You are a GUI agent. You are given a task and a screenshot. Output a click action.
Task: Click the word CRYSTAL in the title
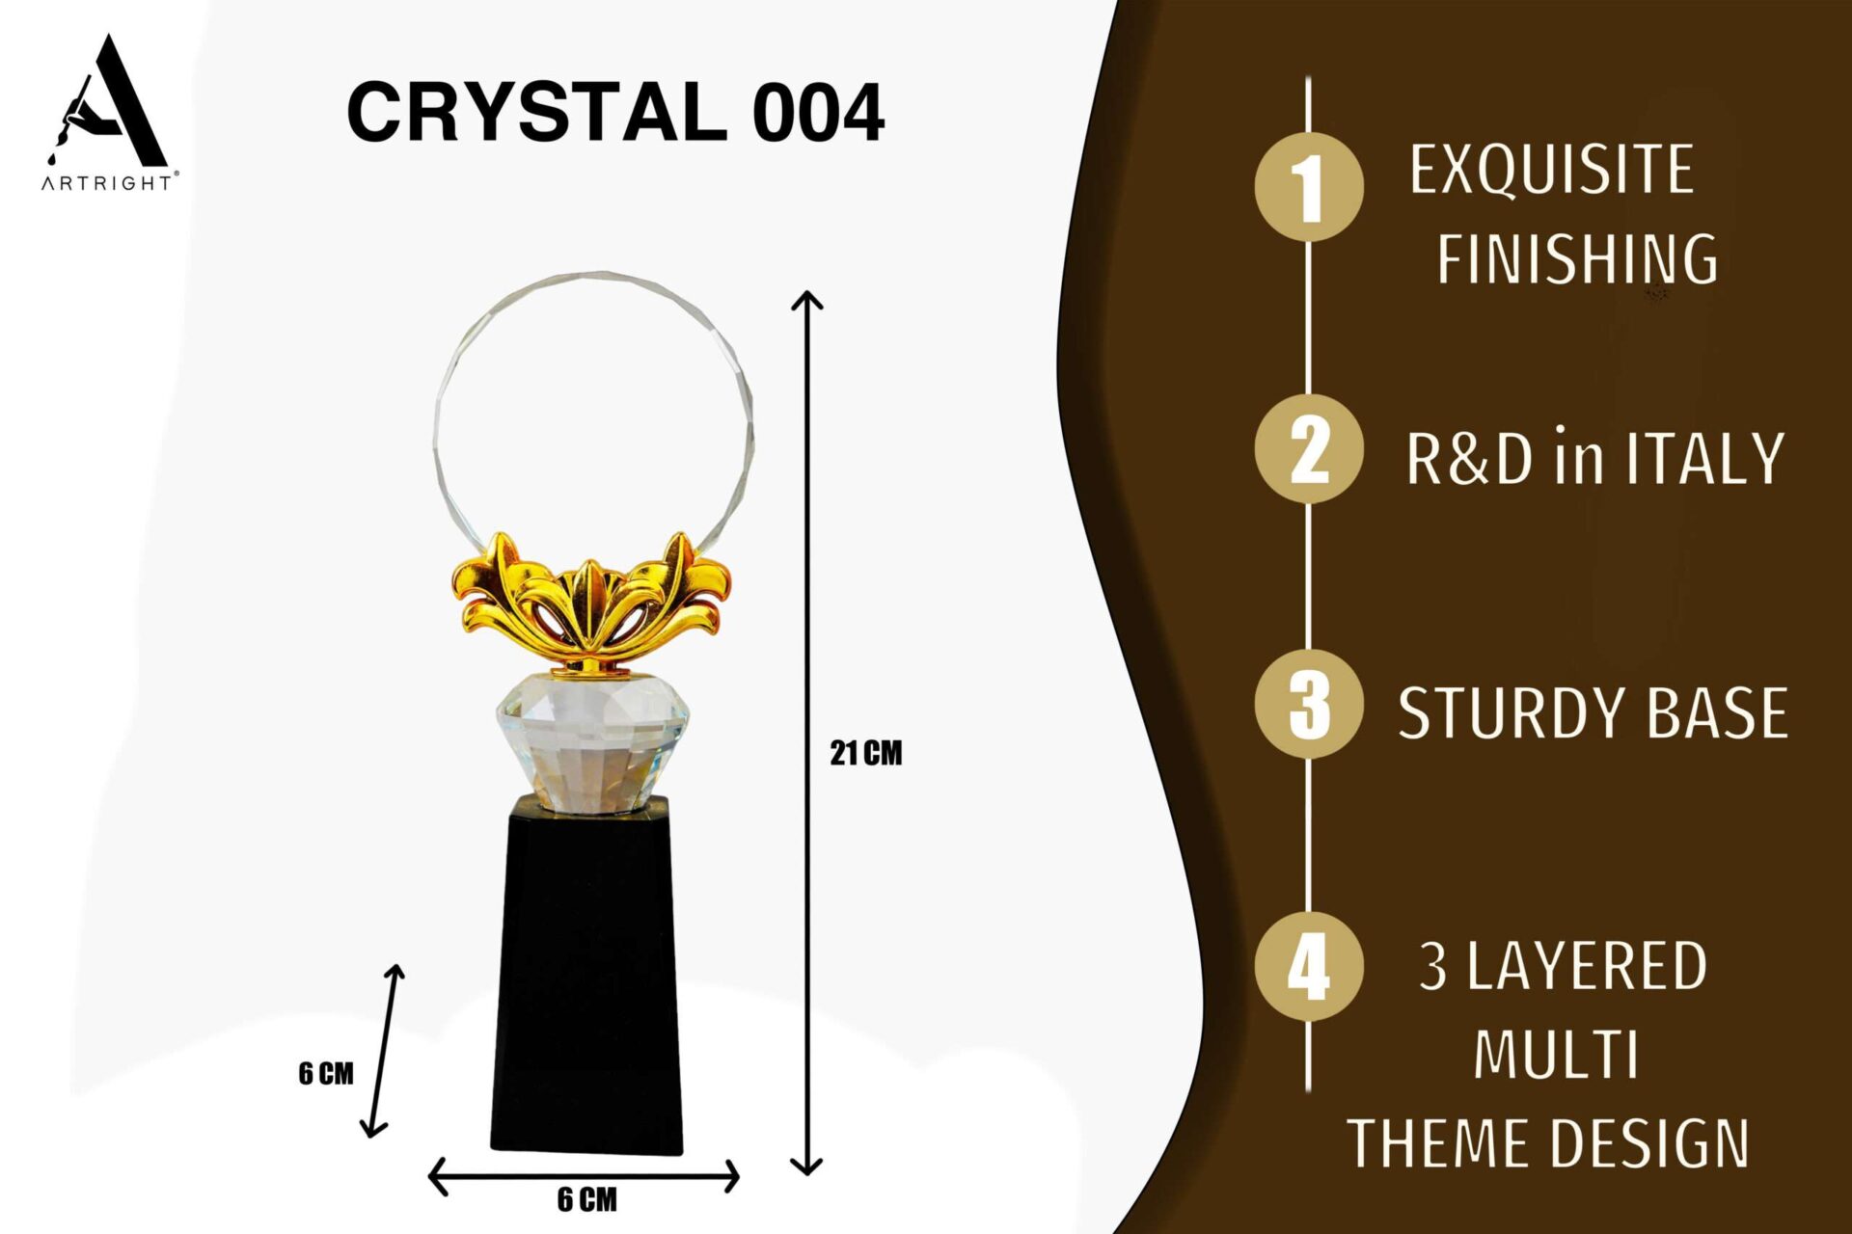pos(537,112)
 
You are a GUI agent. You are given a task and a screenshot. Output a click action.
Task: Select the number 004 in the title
pos(818,113)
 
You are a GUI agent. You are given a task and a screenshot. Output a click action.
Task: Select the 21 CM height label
pos(866,753)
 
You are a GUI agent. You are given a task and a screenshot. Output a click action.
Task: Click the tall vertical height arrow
pos(806,733)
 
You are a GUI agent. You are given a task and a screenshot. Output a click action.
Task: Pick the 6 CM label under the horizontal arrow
pos(586,1200)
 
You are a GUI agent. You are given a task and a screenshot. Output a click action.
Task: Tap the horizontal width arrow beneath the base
pos(584,1176)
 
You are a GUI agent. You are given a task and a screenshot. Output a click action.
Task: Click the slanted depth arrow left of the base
pos(383,1050)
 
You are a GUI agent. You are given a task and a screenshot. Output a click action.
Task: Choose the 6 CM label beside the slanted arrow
pos(326,1073)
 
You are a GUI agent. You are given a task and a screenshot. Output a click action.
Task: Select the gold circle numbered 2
pos(1309,448)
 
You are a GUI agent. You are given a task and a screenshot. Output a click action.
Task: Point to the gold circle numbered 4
pos(1309,966)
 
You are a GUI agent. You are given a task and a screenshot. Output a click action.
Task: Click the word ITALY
pos(1705,458)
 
